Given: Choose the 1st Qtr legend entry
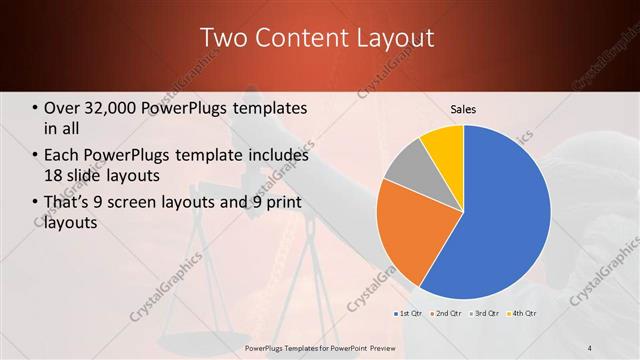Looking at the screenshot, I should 407,314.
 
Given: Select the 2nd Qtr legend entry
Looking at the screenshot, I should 445,314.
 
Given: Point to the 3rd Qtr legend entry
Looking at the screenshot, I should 485,314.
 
